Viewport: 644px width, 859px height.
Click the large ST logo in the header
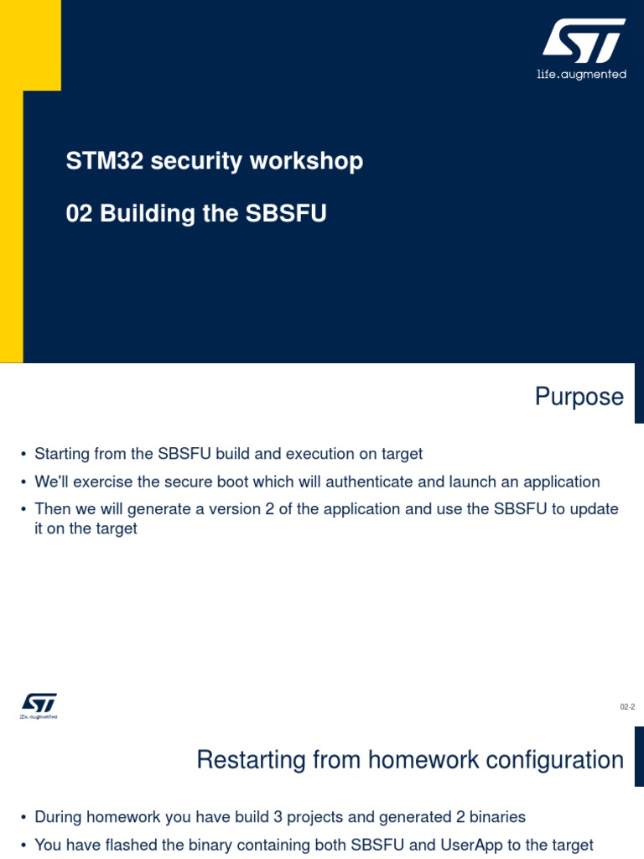click(x=583, y=41)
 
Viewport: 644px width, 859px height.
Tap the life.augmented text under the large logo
click(x=581, y=75)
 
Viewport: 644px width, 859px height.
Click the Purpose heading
click(x=579, y=397)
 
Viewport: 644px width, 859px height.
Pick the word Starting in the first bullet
click(x=61, y=454)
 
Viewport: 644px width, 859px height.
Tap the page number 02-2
click(x=627, y=708)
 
